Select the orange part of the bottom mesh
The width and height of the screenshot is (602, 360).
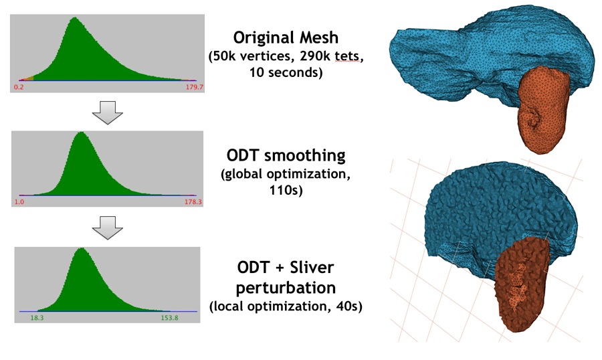click(x=522, y=281)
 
